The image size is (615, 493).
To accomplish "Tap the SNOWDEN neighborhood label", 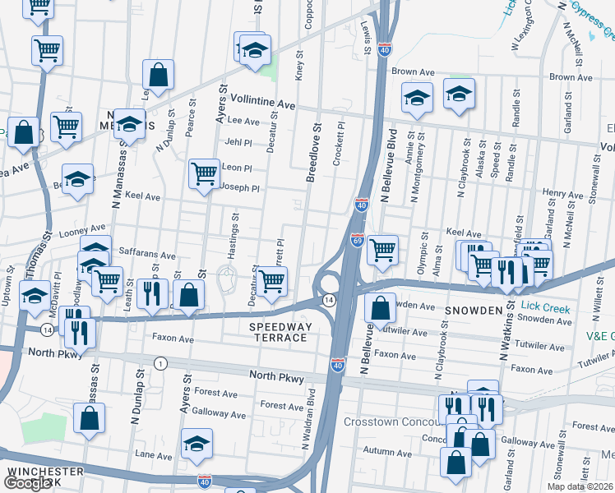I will pyautogui.click(x=474, y=311).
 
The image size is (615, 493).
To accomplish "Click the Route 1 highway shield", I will pyautogui.click(x=160, y=363).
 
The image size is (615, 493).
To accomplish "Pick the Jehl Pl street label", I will pyautogui.click(x=238, y=142).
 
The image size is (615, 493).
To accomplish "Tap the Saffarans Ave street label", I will pyautogui.click(x=148, y=256).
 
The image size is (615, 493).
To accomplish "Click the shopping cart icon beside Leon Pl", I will pyautogui.click(x=204, y=173).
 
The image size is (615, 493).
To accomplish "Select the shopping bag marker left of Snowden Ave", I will pyautogui.click(x=380, y=309).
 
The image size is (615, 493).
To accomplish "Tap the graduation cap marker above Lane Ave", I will pyautogui.click(x=197, y=444).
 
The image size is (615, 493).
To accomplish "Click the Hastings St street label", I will pyautogui.click(x=235, y=231).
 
